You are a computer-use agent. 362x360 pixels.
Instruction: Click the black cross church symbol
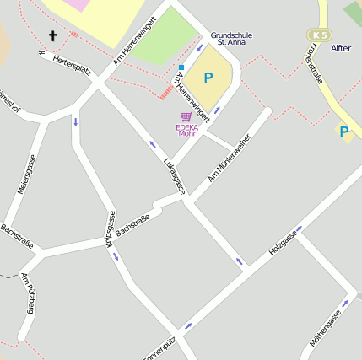[x=53, y=35]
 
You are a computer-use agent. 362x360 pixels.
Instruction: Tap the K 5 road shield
[x=319, y=35]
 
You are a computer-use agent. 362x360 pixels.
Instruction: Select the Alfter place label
[x=341, y=48]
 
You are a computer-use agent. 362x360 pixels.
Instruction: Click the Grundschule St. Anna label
[x=231, y=38]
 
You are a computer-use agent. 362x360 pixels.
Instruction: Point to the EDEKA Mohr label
[x=186, y=130]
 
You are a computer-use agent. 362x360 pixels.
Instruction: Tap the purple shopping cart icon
[x=186, y=117]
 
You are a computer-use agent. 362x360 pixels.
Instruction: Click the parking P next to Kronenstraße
[x=343, y=132]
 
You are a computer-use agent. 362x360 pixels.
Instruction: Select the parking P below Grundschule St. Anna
[x=208, y=78]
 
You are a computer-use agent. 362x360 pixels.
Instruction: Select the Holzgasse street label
[x=284, y=242]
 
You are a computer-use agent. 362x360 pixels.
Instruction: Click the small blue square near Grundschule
[x=181, y=67]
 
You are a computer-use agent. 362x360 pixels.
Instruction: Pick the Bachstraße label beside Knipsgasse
[x=132, y=226]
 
